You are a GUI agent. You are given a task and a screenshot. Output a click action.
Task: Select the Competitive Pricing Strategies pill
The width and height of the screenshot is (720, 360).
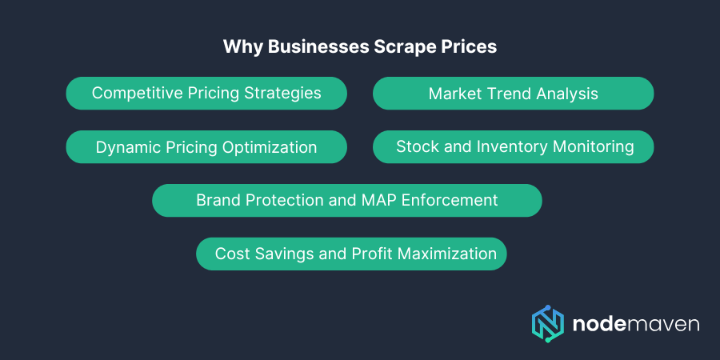[206, 93]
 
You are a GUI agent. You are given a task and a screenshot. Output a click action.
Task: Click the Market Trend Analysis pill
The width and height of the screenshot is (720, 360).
[513, 94]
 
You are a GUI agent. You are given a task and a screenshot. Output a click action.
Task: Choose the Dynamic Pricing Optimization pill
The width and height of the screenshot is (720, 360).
[206, 147]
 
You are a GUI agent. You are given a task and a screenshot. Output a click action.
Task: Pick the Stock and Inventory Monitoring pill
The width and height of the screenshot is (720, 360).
[513, 146]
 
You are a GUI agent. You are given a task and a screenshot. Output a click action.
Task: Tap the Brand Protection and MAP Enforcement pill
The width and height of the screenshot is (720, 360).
[347, 200]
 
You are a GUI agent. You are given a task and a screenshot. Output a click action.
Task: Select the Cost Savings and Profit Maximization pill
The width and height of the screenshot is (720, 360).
[351, 254]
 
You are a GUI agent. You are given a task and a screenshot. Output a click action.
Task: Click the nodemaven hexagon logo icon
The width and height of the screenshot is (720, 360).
[548, 323]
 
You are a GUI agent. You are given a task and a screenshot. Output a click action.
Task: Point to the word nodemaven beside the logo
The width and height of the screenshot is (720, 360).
[636, 324]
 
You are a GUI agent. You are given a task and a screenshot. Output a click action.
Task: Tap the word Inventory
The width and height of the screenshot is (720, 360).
[545, 146]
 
